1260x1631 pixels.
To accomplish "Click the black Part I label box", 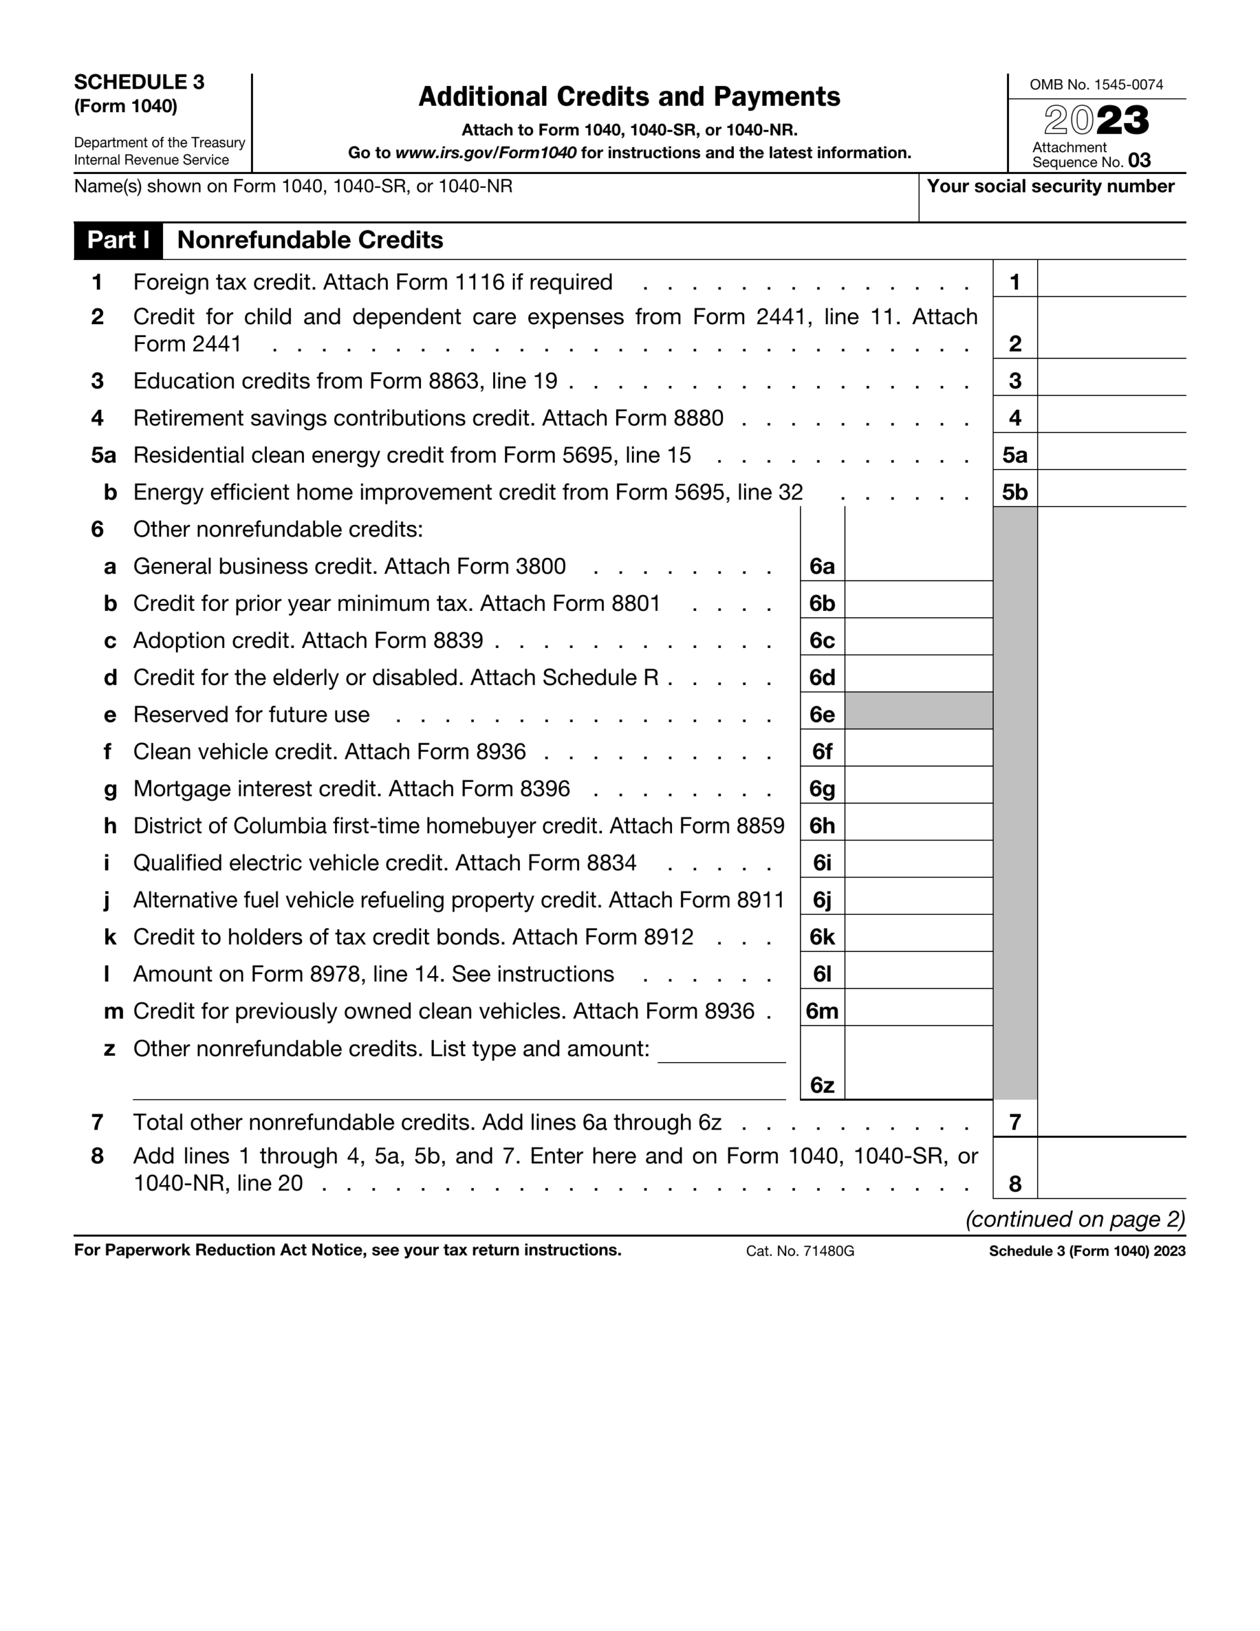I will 118,240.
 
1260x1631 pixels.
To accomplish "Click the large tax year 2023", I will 1096,120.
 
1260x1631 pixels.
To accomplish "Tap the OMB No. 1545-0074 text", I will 1096,84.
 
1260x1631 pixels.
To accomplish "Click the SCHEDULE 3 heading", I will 139,82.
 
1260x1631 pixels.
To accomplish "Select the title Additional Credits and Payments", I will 629,97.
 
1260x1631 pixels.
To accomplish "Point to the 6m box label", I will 822,1011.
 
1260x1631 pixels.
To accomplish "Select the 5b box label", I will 1014,492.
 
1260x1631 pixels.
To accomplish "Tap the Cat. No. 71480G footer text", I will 799,1251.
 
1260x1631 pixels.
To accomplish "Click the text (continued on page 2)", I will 1075,1219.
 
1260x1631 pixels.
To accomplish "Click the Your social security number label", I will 1050,187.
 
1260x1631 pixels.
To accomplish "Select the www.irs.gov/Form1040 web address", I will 485,153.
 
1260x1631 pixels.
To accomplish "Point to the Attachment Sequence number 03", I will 1138,161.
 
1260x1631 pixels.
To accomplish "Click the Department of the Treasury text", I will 159,143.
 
